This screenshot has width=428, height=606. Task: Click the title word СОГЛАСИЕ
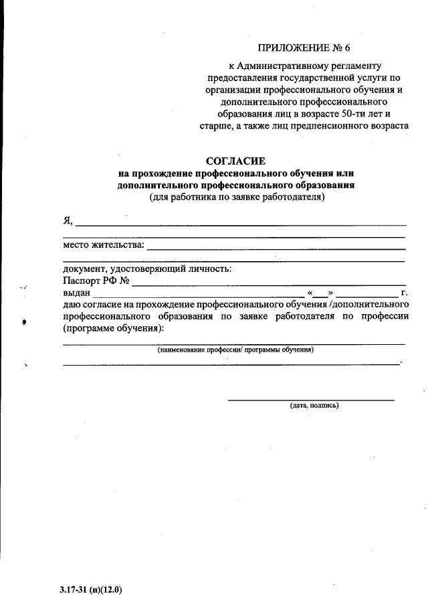pyautogui.click(x=235, y=161)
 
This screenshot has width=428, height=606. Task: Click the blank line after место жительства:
pyautogui.click(x=276, y=248)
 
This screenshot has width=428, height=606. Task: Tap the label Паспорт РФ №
pyautogui.click(x=96, y=281)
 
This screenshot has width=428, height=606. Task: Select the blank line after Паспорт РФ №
pyautogui.click(x=267, y=285)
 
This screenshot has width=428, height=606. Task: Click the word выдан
pyautogui.click(x=76, y=293)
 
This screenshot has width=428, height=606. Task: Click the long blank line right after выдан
pyautogui.click(x=199, y=296)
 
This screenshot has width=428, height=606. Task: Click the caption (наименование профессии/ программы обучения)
pyautogui.click(x=235, y=350)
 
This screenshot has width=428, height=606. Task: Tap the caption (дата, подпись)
pyautogui.click(x=314, y=406)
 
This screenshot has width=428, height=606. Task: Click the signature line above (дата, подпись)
pyautogui.click(x=311, y=400)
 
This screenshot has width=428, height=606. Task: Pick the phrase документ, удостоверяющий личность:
pyautogui.click(x=147, y=269)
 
